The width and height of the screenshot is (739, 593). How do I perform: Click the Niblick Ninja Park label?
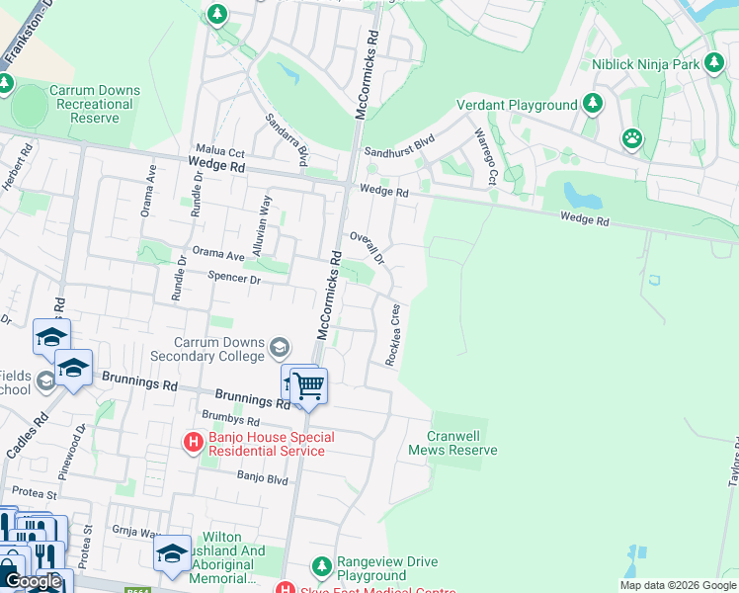645,64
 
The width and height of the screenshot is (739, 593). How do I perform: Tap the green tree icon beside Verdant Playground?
593,104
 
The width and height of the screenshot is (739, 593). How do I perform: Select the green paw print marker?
631,137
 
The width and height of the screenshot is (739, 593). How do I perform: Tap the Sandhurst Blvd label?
399,152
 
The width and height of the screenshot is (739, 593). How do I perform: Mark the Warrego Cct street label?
485,156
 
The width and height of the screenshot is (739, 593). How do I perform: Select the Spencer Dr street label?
234,280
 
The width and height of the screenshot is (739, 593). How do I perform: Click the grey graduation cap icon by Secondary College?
280,346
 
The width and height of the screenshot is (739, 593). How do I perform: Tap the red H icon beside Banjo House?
194,444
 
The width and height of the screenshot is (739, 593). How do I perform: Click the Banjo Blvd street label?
262,478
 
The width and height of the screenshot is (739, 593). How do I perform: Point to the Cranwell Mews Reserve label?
453,443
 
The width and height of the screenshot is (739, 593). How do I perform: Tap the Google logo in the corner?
34,582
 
